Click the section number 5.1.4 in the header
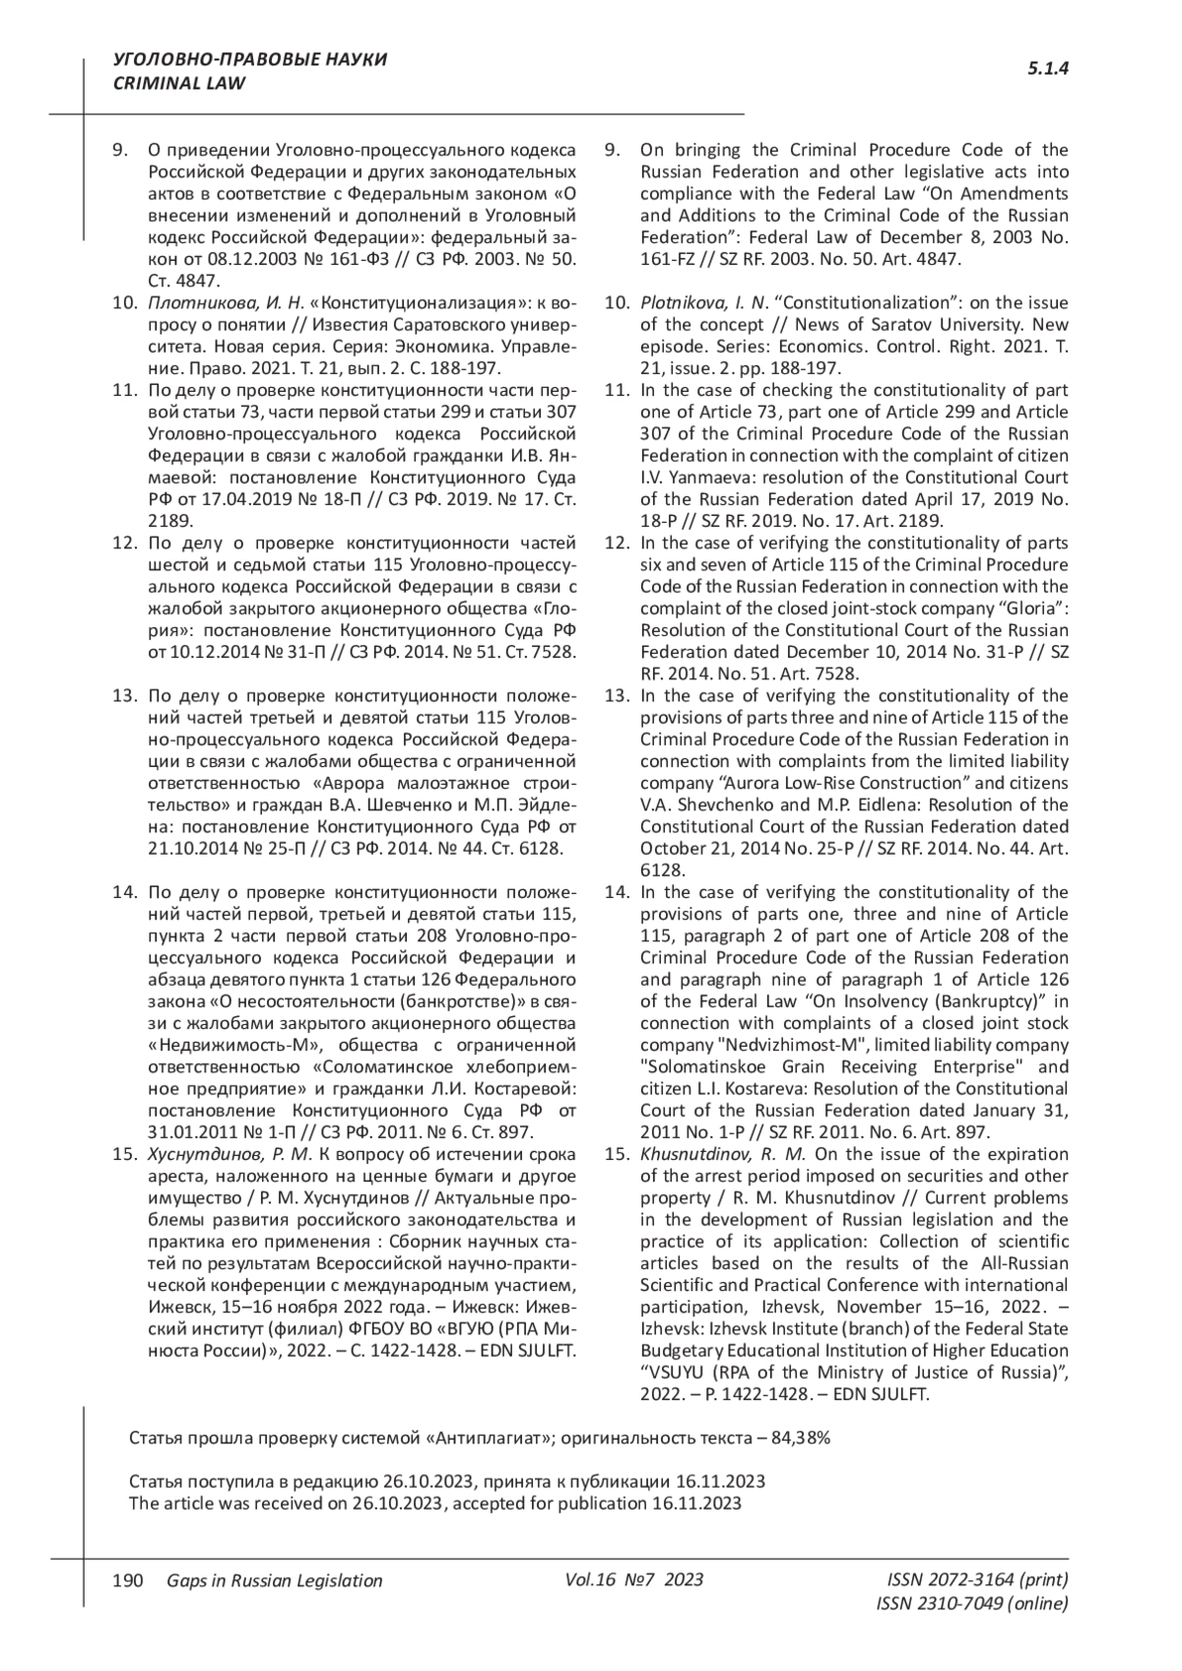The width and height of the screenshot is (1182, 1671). (x=1048, y=69)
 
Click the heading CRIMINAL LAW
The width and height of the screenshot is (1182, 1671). (x=180, y=84)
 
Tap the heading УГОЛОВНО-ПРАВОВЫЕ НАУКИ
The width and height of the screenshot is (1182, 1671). (x=250, y=60)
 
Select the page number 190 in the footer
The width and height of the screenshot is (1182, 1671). (x=129, y=1580)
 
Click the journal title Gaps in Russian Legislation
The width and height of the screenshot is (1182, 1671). (x=275, y=1580)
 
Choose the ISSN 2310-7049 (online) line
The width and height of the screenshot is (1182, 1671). (x=972, y=1603)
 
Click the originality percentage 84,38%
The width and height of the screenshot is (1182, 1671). (x=801, y=1438)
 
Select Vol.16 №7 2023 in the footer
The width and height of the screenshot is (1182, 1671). (x=634, y=1579)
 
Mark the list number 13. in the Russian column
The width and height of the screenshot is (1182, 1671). (x=124, y=696)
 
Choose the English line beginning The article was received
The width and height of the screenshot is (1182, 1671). (x=435, y=1504)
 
